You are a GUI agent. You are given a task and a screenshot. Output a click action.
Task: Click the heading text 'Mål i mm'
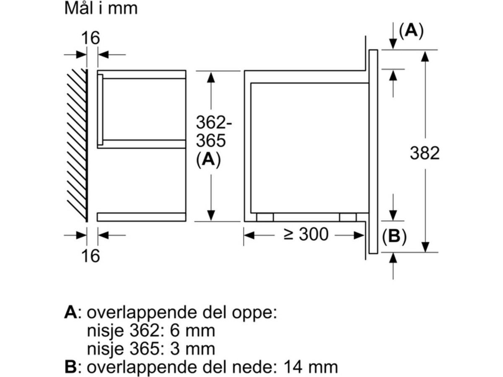101,9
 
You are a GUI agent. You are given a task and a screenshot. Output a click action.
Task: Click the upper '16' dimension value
91,39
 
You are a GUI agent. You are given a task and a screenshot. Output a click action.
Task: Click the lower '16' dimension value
91,255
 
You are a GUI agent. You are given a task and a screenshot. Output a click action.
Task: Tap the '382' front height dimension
425,153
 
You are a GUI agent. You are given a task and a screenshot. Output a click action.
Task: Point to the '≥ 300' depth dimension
306,235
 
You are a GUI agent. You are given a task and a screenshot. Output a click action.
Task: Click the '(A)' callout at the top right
411,31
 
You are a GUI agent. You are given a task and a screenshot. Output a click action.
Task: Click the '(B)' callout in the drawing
394,237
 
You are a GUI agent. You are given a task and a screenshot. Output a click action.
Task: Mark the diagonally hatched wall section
76,145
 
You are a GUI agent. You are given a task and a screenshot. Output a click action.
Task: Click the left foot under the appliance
265,217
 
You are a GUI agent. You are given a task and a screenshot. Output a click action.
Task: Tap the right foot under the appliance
347,217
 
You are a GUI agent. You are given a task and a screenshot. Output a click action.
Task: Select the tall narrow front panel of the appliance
373,152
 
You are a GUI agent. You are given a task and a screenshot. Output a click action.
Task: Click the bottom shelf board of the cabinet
141,217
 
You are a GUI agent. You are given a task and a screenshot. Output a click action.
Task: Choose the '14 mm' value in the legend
310,367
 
